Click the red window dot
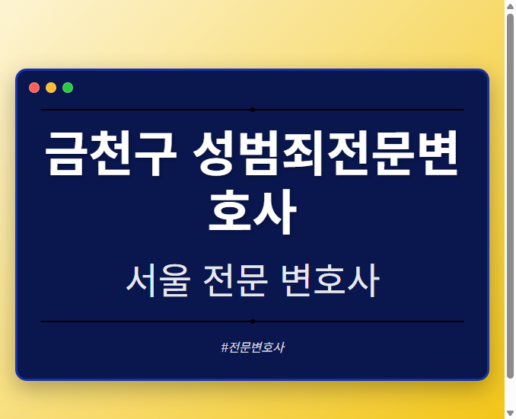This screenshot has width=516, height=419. coord(34,88)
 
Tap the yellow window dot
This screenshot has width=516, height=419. coord(51,88)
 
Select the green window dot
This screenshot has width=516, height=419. coord(68,88)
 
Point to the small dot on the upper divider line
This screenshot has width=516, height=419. coord(253,110)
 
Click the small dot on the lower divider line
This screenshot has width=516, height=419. coord(253,321)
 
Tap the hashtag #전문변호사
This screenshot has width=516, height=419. coord(253,347)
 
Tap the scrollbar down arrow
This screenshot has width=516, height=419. coord(510,413)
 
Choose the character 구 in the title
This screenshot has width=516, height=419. coord(154,155)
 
